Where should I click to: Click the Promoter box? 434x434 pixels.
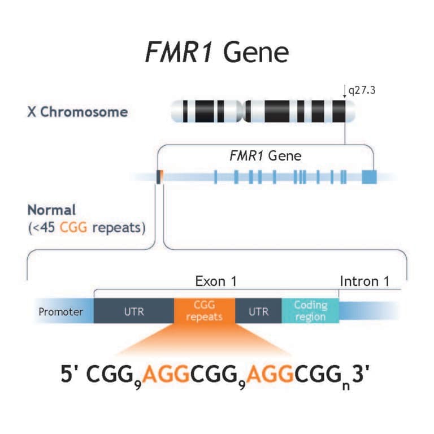click(x=60, y=311)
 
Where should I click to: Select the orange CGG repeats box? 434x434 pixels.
click(x=204, y=311)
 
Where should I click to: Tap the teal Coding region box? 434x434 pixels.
click(x=310, y=311)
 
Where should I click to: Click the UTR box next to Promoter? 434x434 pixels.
click(x=133, y=311)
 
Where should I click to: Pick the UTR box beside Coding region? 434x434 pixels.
click(x=258, y=311)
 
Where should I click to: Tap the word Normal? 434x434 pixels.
click(x=51, y=210)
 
